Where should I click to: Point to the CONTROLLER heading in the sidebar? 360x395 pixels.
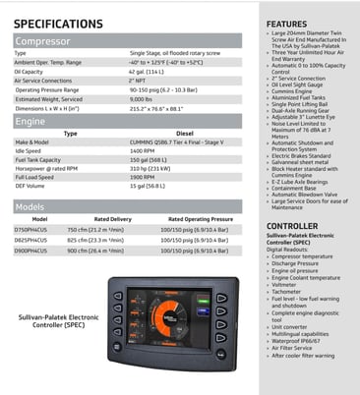292,226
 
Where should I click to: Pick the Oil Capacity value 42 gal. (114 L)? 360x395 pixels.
147,71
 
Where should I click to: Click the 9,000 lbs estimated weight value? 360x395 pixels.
141,98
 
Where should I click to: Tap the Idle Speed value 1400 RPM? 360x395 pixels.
143,149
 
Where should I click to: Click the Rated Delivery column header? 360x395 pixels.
112,219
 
